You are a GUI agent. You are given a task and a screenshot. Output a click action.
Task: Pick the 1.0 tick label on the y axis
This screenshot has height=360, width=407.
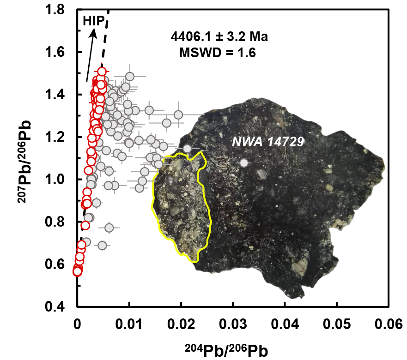pos(62,180)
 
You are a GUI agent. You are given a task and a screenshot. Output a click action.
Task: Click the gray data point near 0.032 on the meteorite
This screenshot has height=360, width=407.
pos(244,162)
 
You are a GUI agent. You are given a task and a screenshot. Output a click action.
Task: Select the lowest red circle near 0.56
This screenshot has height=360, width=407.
pos(77,271)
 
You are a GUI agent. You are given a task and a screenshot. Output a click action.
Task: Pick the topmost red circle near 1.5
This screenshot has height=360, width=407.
pos(102,72)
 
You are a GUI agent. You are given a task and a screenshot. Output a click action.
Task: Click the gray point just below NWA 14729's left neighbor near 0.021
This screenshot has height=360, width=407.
pos(187,149)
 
